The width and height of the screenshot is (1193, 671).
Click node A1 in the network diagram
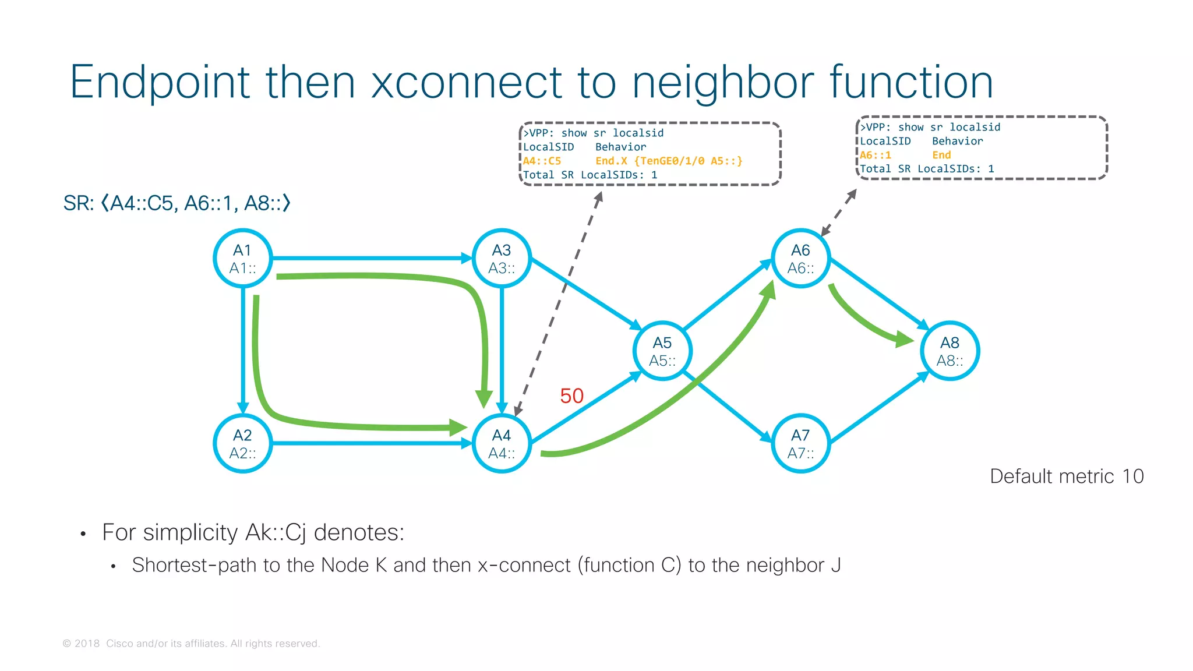(243, 258)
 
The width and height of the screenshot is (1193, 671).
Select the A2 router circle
(243, 443)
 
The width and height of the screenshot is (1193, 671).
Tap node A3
(502, 258)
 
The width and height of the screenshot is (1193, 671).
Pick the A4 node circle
(502, 443)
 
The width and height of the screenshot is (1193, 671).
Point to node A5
(662, 351)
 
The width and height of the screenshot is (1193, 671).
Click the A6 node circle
(801, 258)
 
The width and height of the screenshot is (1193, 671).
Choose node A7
(801, 443)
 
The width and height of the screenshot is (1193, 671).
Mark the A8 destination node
(950, 351)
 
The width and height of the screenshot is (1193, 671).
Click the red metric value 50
(571, 396)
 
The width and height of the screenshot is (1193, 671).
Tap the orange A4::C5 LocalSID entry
(542, 161)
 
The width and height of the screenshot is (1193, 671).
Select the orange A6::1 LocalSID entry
(876, 156)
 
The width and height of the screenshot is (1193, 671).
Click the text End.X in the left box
(610, 161)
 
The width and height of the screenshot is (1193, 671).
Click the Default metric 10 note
(1067, 476)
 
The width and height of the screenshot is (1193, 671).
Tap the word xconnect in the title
(466, 82)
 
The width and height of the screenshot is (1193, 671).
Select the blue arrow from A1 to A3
(373, 257)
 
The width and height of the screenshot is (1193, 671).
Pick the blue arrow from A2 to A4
(373, 443)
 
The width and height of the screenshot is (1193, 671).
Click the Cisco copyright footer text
(191, 644)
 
